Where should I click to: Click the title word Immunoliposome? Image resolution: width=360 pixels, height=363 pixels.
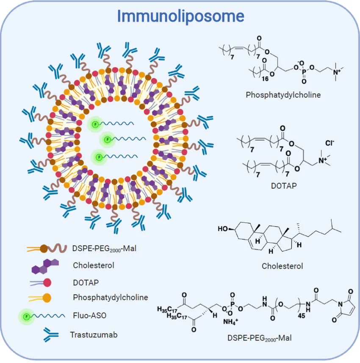(x=181, y=16)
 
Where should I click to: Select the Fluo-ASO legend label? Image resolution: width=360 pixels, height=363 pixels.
(x=88, y=316)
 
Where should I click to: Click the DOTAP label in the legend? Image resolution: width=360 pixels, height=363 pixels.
(x=84, y=281)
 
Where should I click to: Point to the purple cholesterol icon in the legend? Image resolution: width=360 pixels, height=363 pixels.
(x=45, y=266)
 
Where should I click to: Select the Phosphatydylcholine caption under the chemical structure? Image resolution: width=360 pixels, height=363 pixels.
(x=283, y=95)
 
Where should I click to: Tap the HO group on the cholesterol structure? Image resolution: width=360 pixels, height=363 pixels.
(x=224, y=229)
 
